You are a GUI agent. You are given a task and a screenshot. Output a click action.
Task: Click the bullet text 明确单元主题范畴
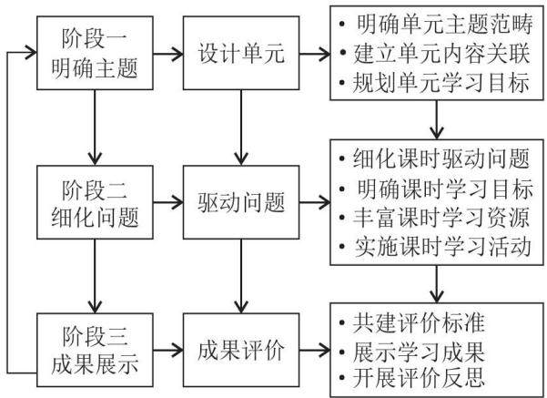445,24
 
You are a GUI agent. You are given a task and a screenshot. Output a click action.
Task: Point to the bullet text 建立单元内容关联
441,54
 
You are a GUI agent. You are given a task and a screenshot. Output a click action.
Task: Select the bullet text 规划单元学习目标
441,83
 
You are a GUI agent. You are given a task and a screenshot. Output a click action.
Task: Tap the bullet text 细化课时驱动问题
441,158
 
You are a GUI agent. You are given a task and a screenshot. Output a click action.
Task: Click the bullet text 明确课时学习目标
445,189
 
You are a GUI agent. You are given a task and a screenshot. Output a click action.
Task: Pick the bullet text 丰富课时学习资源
441,217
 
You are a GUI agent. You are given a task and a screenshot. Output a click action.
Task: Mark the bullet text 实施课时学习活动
443,247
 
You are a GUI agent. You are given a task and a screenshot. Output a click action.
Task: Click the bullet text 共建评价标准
419,322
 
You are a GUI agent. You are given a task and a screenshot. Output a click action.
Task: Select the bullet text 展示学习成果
419,352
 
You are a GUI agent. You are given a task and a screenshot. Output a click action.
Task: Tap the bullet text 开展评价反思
419,378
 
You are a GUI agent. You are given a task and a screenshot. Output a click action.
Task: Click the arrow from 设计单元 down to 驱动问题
241,128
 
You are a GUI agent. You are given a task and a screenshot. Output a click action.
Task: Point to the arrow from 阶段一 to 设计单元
168,54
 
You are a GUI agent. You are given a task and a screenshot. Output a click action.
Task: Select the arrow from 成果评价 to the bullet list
315,350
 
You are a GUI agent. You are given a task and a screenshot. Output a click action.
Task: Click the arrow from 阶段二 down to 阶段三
95,276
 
